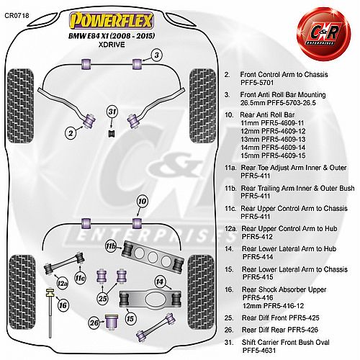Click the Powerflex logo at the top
point(111,20)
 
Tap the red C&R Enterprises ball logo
point(324,33)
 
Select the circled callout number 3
point(156,55)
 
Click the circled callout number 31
point(112,112)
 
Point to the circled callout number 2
point(71,132)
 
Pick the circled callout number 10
point(142,201)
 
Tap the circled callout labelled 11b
point(110,246)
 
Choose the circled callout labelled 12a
point(62,284)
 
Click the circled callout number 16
point(63,305)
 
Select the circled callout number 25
point(103,299)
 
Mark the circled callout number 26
point(94,323)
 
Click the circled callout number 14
point(160,282)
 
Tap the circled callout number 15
point(130,319)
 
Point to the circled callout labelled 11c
point(80,278)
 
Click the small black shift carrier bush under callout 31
point(112,133)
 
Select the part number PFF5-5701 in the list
point(257,83)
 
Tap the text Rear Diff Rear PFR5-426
point(280,330)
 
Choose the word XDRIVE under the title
point(112,45)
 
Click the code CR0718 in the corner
point(17,15)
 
